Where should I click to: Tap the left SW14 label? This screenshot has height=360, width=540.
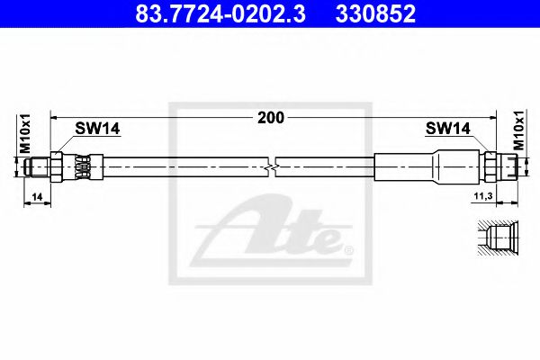pyautogui.click(x=97, y=129)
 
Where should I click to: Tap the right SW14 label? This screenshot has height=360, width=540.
pyautogui.click(x=447, y=130)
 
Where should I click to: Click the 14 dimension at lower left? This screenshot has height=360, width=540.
pyautogui.click(x=34, y=195)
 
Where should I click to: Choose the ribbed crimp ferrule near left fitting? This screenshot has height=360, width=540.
pyautogui.click(x=84, y=166)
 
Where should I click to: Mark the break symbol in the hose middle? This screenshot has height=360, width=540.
pyautogui.click(x=273, y=166)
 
